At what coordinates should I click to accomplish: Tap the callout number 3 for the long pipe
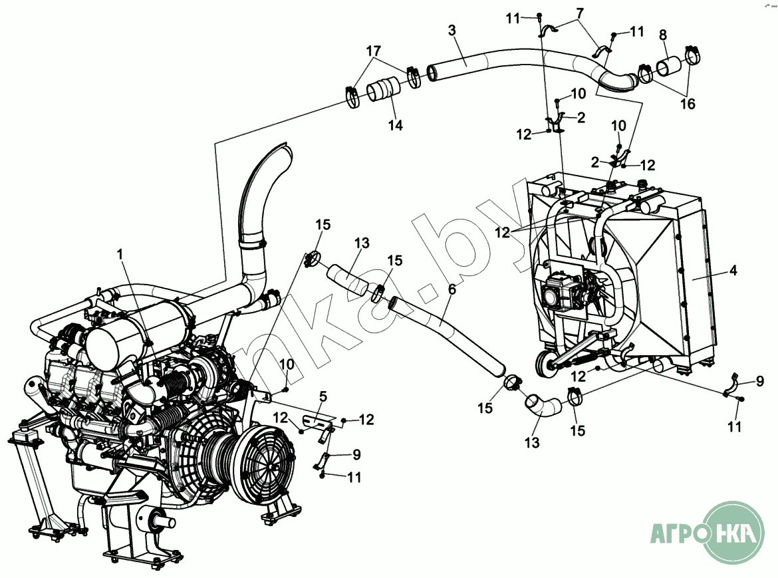click(452, 31)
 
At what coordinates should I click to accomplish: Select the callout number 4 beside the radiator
click(732, 271)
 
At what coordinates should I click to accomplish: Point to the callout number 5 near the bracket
click(323, 397)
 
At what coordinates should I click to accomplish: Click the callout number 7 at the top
click(580, 13)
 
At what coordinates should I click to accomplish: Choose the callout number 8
click(663, 35)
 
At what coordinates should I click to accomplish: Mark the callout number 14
click(396, 124)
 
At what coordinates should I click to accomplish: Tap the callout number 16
click(687, 104)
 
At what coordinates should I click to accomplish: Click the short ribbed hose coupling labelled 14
click(382, 90)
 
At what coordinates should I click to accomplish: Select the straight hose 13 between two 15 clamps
click(346, 279)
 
